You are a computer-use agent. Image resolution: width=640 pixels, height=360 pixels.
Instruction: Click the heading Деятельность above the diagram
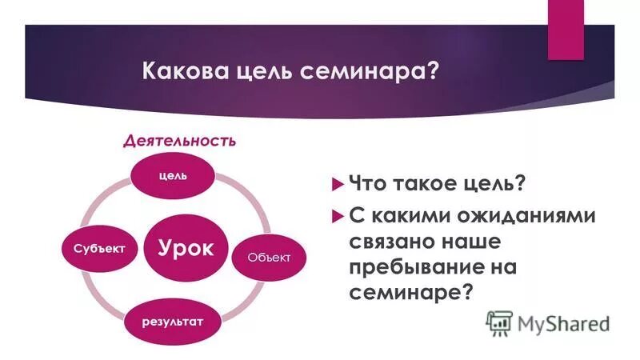[x=179, y=142]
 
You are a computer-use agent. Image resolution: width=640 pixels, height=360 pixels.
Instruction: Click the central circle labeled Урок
[x=185, y=247]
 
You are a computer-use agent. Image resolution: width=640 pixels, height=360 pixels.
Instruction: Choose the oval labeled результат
[x=174, y=321]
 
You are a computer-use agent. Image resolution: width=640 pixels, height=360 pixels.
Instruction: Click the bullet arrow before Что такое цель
[x=336, y=185]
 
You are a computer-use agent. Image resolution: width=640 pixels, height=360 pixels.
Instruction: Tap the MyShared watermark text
[x=563, y=324]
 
